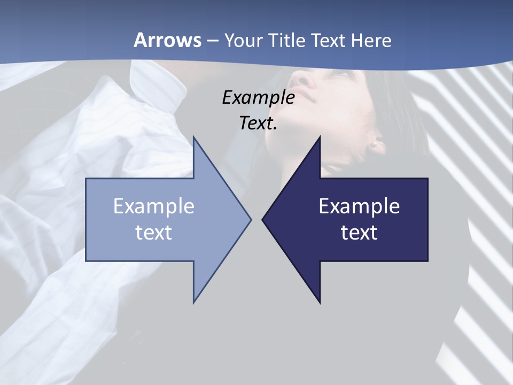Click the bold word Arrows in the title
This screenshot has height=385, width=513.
tap(168, 40)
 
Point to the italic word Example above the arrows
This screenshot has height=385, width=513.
tap(258, 97)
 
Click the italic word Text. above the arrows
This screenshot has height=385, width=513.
tap(258, 123)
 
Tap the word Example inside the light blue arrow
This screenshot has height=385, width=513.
tap(153, 206)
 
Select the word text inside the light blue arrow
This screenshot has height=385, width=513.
tap(153, 233)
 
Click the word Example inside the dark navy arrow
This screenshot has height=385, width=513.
tap(359, 206)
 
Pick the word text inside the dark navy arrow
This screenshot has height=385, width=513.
tap(359, 233)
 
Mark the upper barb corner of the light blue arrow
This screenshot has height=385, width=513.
tap(193, 137)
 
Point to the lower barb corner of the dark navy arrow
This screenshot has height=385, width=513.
tap(320, 303)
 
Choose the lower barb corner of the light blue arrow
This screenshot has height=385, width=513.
tap(193, 302)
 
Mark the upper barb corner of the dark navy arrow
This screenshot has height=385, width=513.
tap(320, 137)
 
